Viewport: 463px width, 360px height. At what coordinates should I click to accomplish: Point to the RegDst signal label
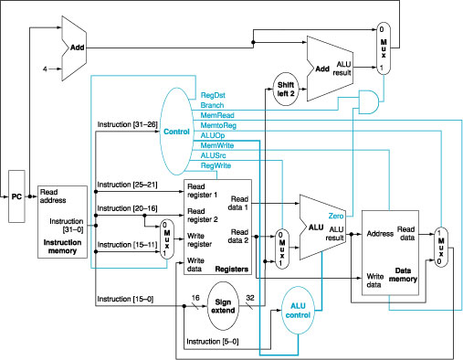214,94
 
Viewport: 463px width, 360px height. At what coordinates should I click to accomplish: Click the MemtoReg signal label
218,124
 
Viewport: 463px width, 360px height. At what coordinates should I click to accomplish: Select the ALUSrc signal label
214,154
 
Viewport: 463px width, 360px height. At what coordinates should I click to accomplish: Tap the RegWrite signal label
216,165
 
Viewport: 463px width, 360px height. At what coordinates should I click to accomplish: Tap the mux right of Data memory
442,245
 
